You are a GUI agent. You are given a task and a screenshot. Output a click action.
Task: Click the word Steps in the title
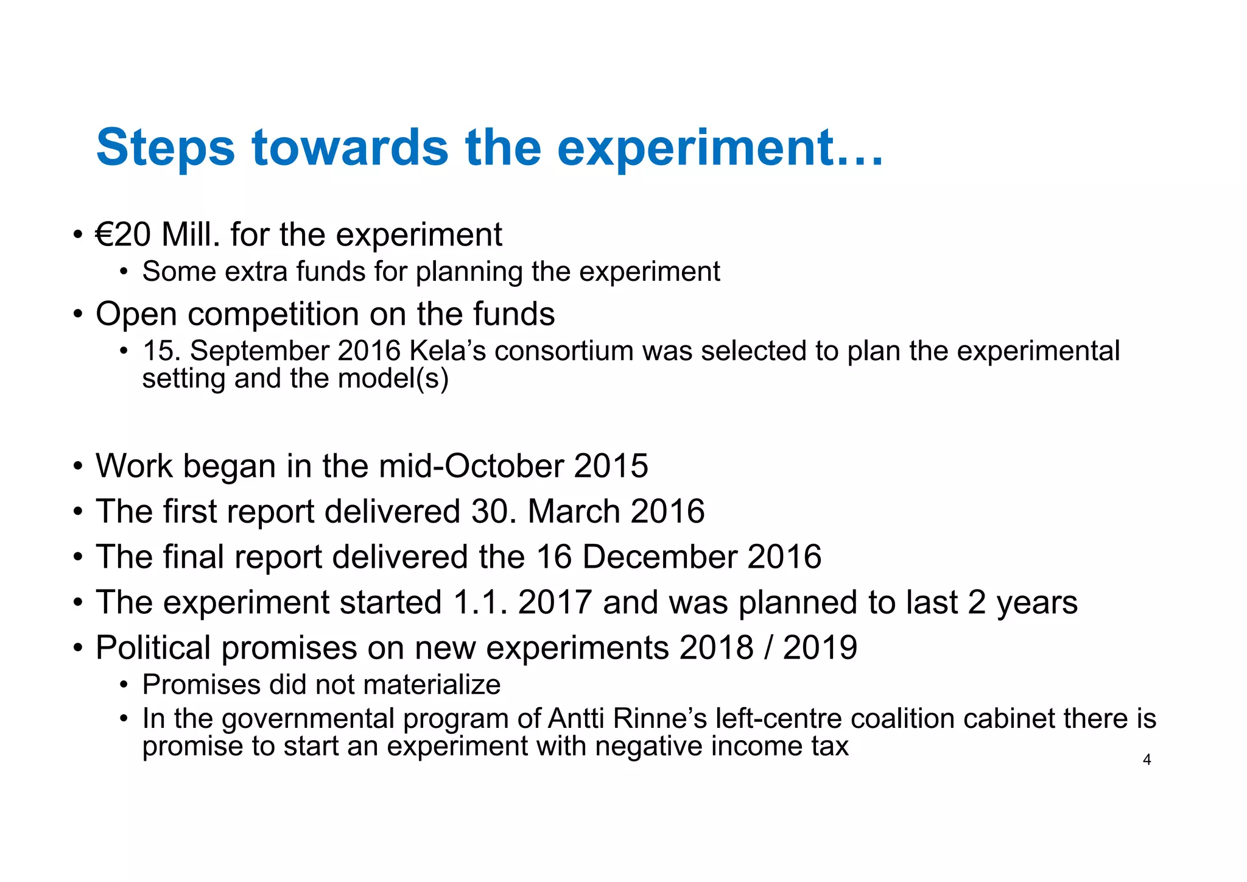(x=165, y=148)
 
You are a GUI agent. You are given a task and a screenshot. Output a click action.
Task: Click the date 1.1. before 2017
(x=480, y=602)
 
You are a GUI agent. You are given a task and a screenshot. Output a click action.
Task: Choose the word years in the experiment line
(x=1037, y=602)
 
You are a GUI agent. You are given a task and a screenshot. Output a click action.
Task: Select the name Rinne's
(x=659, y=719)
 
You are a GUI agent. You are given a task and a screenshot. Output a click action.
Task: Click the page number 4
(x=1147, y=760)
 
